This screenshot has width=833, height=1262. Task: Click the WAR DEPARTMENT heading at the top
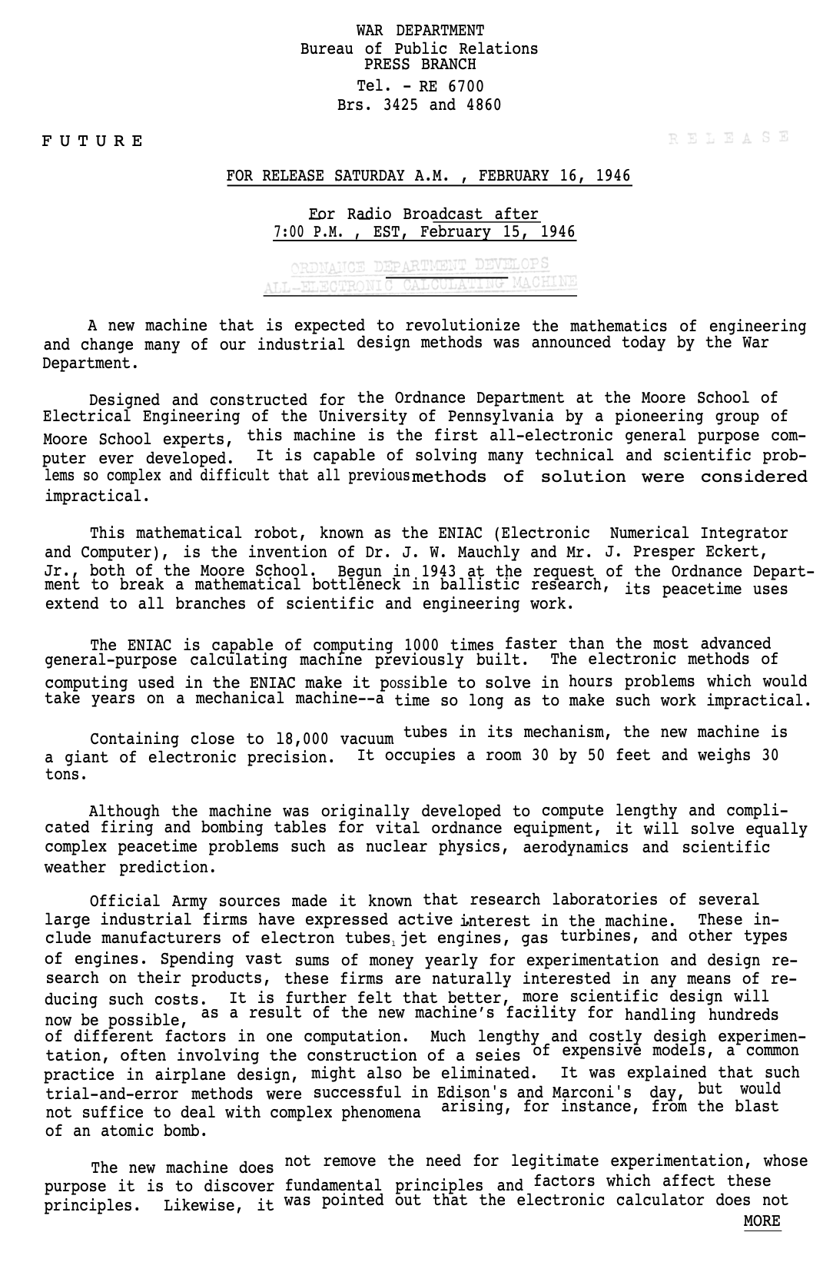point(420,31)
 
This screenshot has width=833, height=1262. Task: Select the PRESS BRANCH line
point(420,65)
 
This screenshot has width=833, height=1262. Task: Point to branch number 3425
point(400,105)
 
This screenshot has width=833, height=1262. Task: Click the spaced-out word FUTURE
point(92,141)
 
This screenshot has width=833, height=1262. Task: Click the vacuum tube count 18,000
point(302,740)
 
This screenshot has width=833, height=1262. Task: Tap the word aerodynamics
point(575,848)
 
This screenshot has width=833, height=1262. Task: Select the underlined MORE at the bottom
point(762,1221)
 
